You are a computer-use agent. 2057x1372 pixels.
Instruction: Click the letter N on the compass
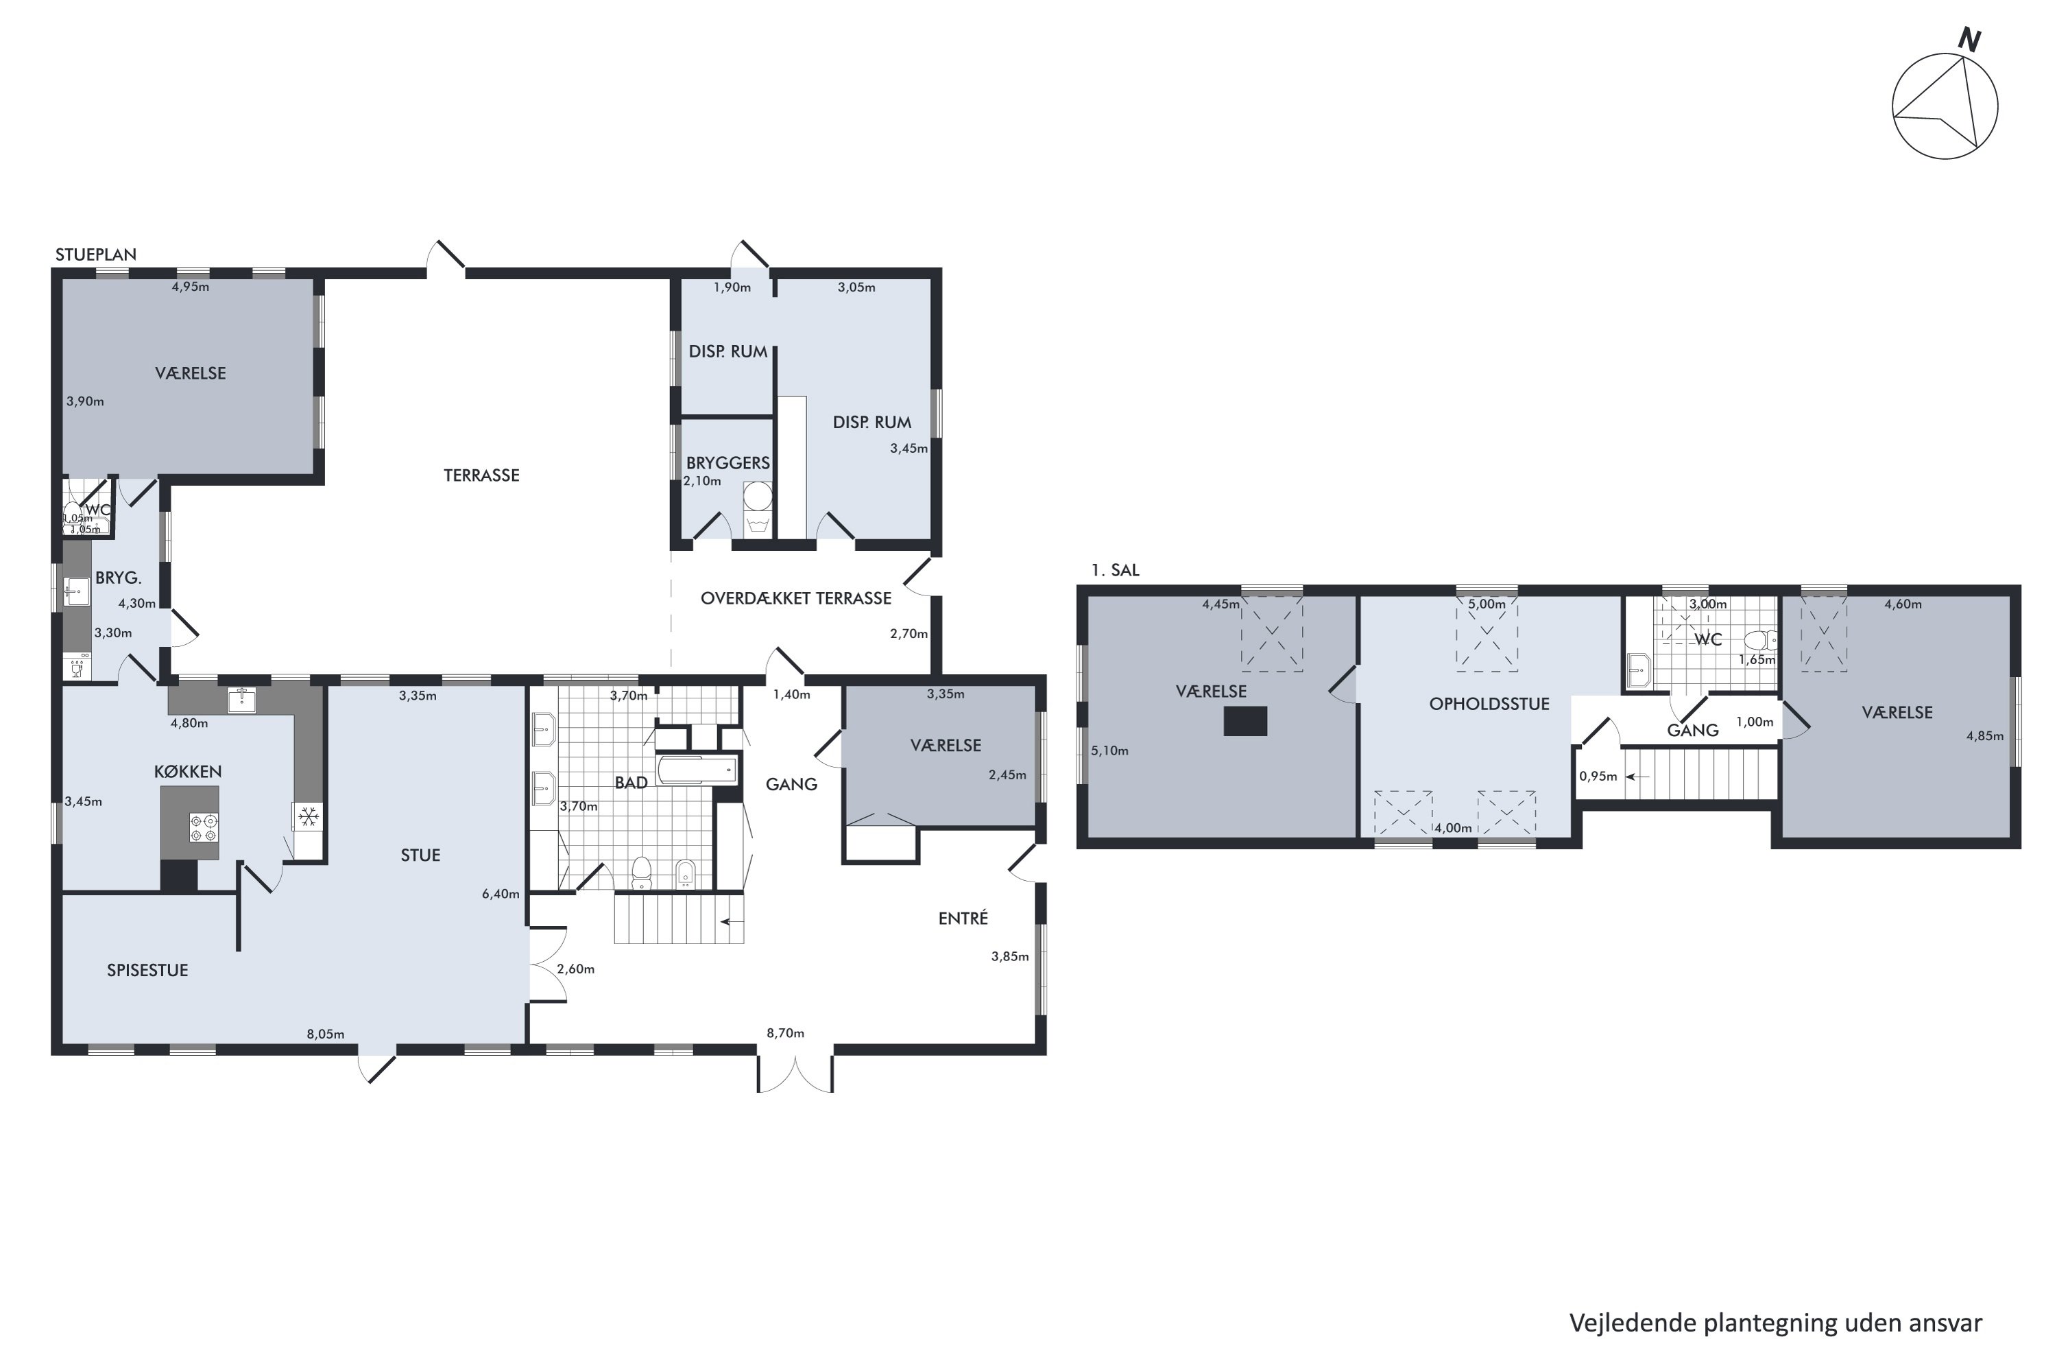click(x=1969, y=40)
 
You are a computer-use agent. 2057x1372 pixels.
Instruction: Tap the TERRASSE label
click(x=481, y=475)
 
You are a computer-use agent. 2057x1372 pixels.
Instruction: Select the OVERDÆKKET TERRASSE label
click(x=796, y=598)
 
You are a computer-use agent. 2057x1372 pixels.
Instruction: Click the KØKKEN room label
click(x=188, y=772)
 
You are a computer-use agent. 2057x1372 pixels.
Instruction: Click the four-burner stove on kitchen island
click(x=204, y=828)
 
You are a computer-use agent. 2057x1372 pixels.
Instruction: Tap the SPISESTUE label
click(x=148, y=971)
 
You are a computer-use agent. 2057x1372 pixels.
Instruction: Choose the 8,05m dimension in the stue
click(x=325, y=1034)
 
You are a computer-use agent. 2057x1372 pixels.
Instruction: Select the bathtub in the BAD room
click(x=697, y=771)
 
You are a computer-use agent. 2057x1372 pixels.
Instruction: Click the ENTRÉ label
click(x=963, y=918)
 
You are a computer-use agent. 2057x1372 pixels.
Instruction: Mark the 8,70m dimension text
click(x=785, y=1033)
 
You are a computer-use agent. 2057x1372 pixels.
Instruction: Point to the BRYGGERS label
click(x=727, y=463)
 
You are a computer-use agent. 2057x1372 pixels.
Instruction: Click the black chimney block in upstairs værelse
click(x=1245, y=721)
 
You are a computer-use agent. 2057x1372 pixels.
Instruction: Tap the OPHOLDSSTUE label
click(x=1489, y=705)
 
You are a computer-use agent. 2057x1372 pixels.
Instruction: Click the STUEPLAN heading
click(x=96, y=255)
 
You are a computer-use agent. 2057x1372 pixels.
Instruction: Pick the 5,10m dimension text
click(x=1110, y=750)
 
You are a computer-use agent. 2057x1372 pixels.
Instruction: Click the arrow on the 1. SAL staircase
click(x=1637, y=776)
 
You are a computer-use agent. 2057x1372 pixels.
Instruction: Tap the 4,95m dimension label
click(x=191, y=287)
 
